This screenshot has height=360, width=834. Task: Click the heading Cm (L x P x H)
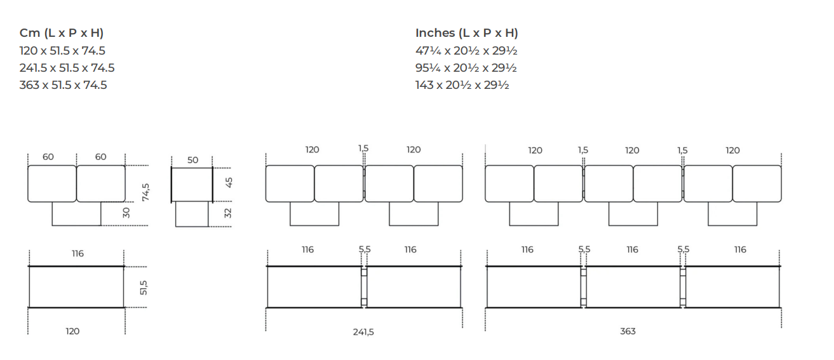coord(62,33)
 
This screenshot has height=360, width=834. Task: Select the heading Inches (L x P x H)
coord(466,33)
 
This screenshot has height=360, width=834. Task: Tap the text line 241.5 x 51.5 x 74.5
coord(67,68)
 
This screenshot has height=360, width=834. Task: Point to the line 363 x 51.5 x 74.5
coord(64,85)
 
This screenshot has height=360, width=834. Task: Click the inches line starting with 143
coord(462,85)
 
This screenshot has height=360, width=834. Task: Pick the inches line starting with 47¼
coord(466,51)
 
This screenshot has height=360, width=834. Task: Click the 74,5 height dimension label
coord(145,192)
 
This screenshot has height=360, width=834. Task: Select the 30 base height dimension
coord(126,213)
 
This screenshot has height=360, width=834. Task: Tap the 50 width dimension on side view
coord(192,160)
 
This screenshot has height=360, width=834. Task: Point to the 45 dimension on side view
coord(229,182)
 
